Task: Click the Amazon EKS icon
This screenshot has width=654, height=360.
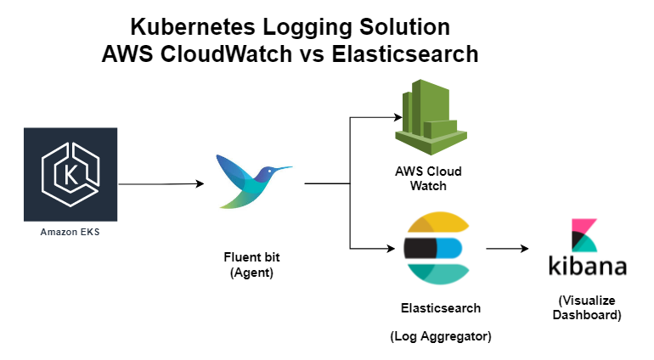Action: click(70, 174)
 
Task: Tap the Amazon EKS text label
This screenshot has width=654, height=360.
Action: click(70, 232)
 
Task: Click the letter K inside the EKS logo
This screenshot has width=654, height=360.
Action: click(70, 175)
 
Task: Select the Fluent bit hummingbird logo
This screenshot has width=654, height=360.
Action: click(254, 182)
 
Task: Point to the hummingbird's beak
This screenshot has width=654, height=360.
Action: click(283, 168)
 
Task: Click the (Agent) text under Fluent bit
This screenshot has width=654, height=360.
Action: click(252, 273)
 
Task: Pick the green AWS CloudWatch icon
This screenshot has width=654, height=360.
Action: click(431, 117)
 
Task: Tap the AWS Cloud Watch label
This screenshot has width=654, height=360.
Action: click(428, 178)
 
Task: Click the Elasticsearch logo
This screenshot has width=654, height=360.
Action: click(437, 248)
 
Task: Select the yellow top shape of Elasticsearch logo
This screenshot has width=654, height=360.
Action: click(439, 222)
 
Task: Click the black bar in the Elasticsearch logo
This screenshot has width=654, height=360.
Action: click(420, 248)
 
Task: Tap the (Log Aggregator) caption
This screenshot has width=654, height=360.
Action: click(441, 336)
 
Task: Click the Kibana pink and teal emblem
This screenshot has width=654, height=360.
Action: click(584, 235)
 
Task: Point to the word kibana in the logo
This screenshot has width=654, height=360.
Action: click(588, 266)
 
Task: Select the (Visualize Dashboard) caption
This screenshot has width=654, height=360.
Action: click(587, 307)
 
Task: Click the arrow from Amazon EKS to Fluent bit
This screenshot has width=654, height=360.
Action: click(161, 183)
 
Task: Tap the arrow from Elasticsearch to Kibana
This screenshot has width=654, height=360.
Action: click(507, 249)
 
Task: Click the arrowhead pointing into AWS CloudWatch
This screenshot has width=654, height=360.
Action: click(398, 118)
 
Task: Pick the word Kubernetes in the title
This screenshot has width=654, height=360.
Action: click(192, 27)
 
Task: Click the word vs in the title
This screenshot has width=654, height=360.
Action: click(312, 54)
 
